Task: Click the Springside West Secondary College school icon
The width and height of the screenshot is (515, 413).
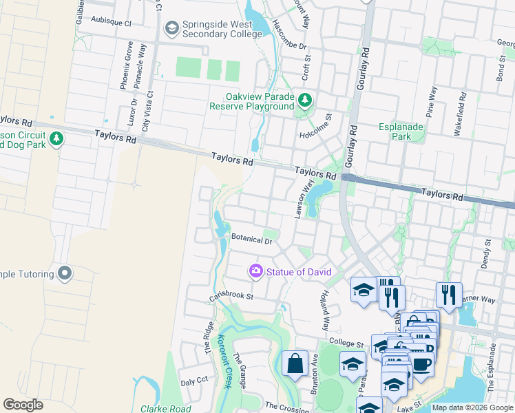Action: click(171, 28)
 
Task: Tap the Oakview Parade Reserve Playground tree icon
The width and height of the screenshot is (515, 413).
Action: click(304, 102)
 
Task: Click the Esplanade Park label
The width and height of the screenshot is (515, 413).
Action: click(395, 131)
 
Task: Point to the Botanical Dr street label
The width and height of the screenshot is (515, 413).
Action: click(252, 240)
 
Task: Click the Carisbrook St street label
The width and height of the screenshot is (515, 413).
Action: click(232, 297)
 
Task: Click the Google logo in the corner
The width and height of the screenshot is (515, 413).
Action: click(23, 404)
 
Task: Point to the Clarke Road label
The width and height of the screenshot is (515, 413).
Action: click(166, 408)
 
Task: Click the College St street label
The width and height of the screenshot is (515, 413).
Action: click(346, 343)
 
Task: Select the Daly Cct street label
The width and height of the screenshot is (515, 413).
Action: click(194, 381)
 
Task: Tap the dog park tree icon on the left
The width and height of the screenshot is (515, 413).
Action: click(56, 139)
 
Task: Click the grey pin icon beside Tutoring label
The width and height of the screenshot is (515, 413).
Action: click(65, 273)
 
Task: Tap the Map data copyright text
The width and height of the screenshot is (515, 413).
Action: click(472, 407)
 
